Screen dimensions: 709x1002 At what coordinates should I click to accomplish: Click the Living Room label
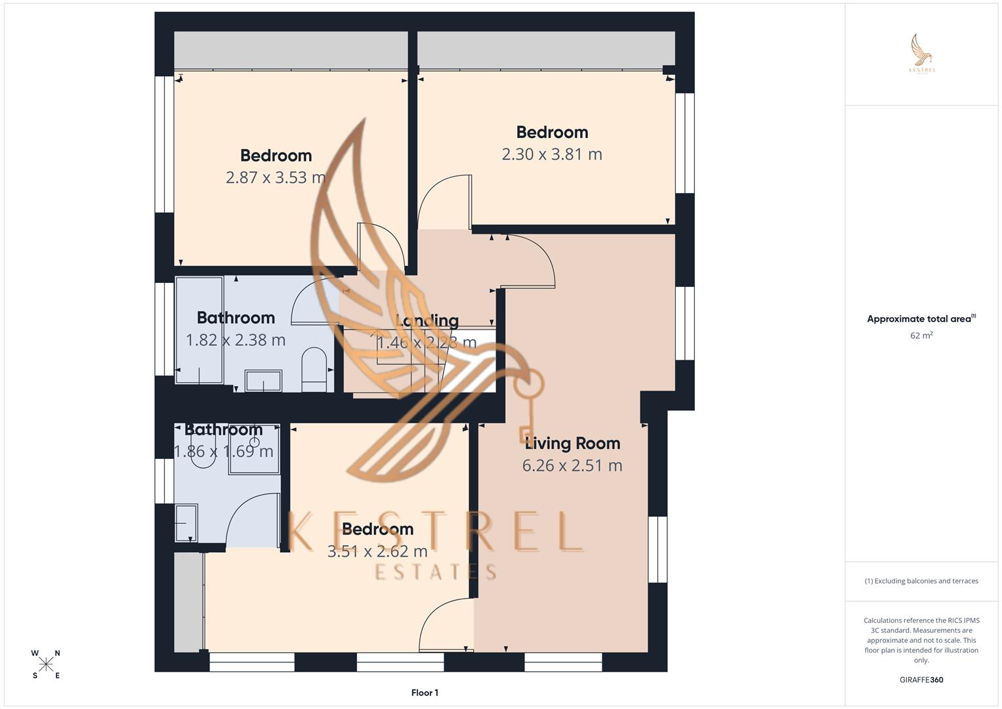coord(572,443)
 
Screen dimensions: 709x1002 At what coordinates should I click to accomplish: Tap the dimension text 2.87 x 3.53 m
coord(276,177)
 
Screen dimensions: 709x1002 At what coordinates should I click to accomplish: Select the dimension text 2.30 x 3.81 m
coord(552,154)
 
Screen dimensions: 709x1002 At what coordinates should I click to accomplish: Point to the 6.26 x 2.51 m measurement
coord(572,465)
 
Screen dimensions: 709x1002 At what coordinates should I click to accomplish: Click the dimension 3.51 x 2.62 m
coord(377,551)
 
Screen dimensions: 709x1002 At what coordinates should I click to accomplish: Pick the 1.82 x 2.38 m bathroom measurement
coord(236,340)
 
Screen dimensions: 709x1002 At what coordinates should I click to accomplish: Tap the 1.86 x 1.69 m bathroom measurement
coord(223,452)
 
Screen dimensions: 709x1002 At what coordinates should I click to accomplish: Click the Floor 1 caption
coord(425,693)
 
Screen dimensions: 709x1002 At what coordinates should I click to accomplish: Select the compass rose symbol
coord(46,664)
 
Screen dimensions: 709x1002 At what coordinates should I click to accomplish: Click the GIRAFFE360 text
coord(921,680)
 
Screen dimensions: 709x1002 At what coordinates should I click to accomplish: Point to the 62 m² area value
coord(921,335)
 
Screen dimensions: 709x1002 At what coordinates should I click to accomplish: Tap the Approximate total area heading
coord(921,319)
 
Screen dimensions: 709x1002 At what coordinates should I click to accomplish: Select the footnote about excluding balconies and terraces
coord(921,581)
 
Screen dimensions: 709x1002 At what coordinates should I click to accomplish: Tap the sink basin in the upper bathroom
coord(263,381)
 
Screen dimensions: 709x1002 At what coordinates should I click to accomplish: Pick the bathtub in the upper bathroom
coord(199,330)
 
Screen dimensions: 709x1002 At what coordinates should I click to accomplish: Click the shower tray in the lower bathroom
coord(255,450)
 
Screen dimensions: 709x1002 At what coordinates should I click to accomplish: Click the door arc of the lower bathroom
coord(253,519)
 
